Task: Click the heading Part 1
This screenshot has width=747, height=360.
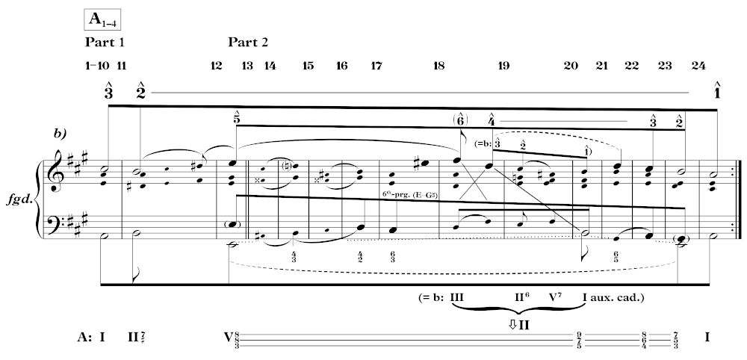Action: (105, 41)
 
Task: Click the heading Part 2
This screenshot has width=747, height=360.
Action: (249, 41)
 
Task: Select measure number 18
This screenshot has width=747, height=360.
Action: (438, 66)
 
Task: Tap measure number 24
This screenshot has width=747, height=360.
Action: (698, 66)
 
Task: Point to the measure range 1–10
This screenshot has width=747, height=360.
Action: (97, 66)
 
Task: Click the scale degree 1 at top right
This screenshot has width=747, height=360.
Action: (717, 91)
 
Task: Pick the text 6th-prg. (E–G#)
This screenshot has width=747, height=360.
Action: (409, 193)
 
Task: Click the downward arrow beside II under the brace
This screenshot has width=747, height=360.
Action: (513, 323)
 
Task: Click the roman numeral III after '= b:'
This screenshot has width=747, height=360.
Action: (458, 297)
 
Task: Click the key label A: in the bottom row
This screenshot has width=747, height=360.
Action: (84, 337)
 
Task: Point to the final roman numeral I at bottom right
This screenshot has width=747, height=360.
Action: (707, 337)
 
